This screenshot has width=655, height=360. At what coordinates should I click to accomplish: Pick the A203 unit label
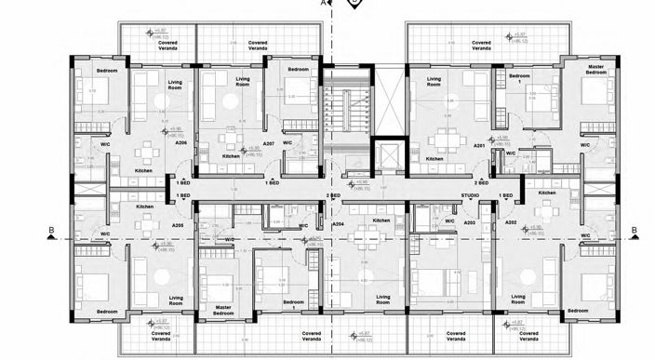click(470, 224)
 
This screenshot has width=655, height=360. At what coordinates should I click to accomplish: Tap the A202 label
click(510, 224)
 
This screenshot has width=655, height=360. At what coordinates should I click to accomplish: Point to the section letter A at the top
click(323, 4)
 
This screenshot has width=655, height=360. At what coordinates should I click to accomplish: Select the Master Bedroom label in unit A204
click(223, 311)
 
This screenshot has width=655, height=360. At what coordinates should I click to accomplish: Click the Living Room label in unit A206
click(175, 87)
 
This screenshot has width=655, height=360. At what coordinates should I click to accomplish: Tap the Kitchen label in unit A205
click(144, 207)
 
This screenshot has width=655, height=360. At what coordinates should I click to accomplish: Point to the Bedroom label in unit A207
click(298, 70)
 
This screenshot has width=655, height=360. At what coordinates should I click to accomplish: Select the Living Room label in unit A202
click(517, 300)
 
